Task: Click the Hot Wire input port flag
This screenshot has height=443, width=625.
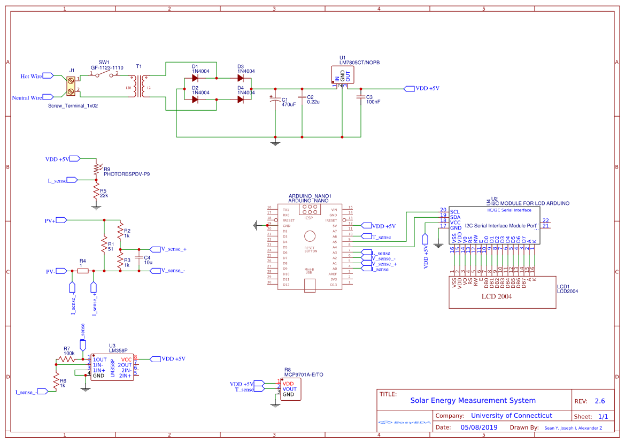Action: click(48, 76)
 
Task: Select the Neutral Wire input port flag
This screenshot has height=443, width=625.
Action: click(48, 97)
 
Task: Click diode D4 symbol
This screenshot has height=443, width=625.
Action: click(241, 99)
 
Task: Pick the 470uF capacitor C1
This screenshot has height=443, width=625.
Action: click(275, 99)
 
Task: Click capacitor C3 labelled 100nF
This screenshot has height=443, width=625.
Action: click(359, 98)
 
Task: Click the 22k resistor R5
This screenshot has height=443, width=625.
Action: click(96, 192)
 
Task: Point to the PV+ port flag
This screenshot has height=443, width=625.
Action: click(60, 220)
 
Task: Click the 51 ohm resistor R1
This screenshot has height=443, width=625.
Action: click(104, 246)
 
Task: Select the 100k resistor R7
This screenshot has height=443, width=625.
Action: click(68, 360)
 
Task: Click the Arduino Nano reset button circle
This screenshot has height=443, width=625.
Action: click(310, 236)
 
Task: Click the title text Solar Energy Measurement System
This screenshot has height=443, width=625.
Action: click(473, 400)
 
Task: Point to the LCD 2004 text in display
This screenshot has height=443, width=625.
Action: click(497, 296)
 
